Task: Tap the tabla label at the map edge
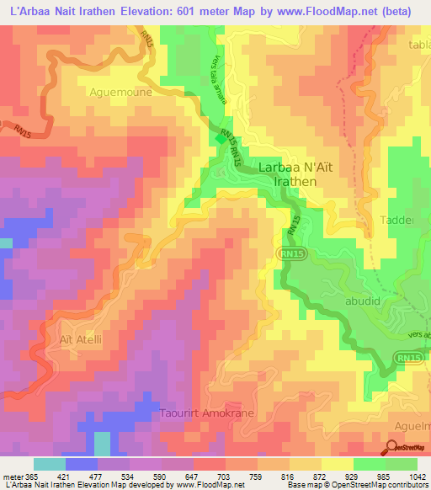pyautogui.click(x=418, y=45)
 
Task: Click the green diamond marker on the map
pyautogui.click(x=221, y=140)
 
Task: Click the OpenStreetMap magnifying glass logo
pyautogui.click(x=394, y=447)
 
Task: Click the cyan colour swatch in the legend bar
pyautogui.click(x=49, y=464)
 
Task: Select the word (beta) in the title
pyautogui.click(x=393, y=12)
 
